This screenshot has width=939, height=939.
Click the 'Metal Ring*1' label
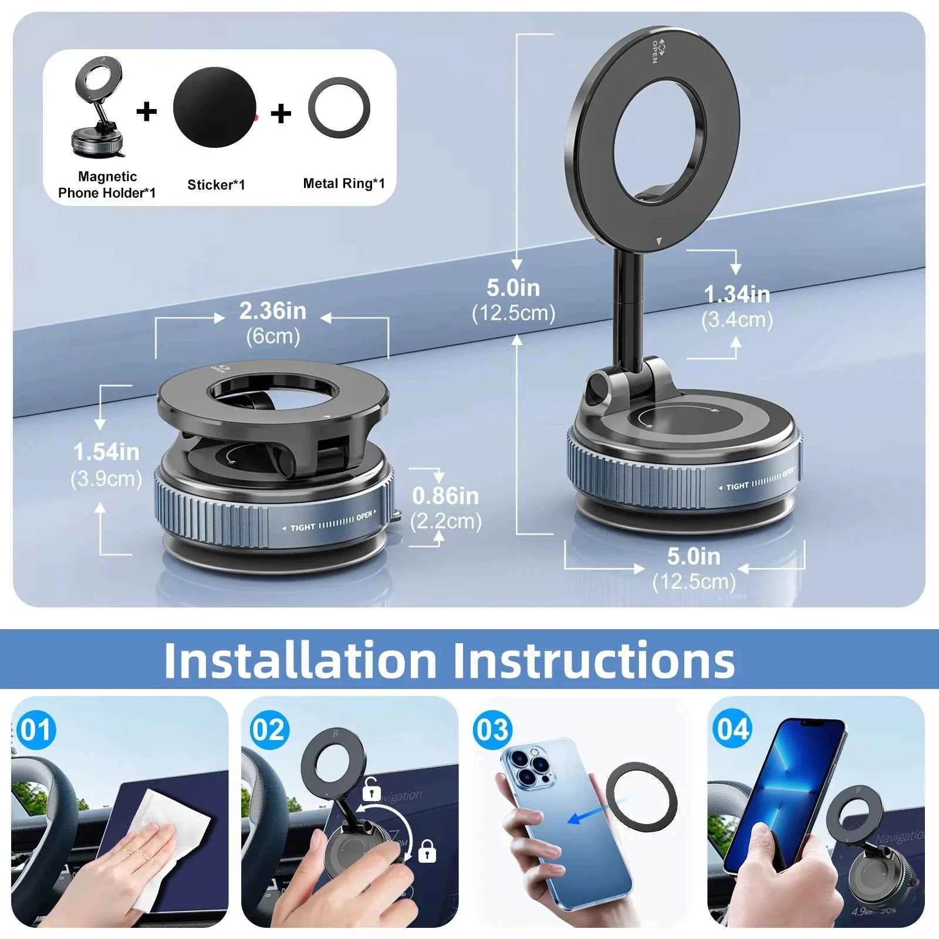344,184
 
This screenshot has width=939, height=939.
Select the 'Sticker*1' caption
216,185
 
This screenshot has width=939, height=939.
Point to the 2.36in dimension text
272,311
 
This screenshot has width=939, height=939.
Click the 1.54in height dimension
106,452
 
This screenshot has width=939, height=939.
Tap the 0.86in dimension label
445,496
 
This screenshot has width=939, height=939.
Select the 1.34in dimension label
737,295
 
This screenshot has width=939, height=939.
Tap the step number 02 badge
269,731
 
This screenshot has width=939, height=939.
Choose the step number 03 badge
492,731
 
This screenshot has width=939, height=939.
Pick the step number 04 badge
732,729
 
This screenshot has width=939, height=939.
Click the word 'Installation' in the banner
300,661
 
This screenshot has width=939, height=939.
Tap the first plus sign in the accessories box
147,111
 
